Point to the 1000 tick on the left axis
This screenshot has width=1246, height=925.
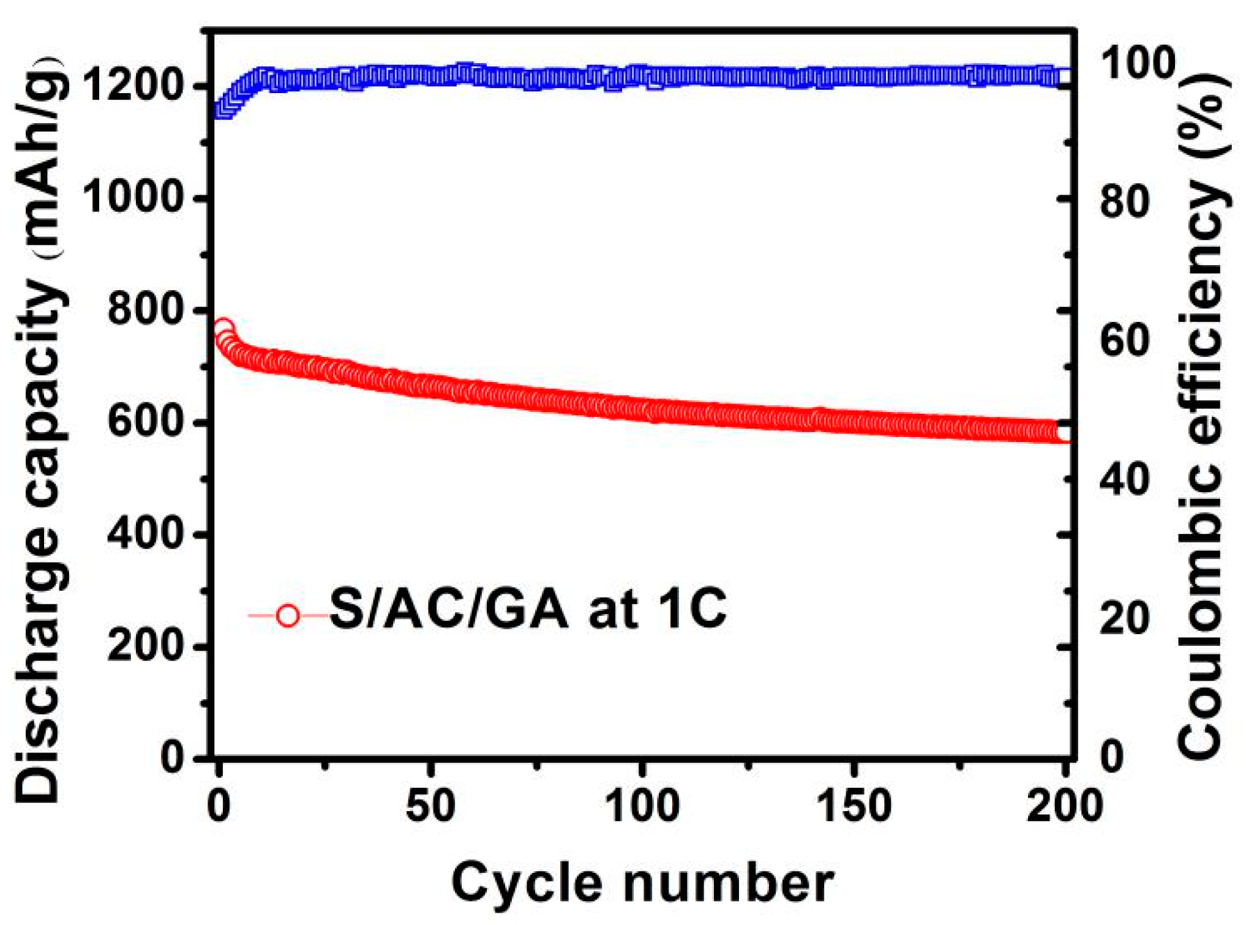(x=132, y=197)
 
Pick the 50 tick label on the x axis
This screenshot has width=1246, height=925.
(x=430, y=807)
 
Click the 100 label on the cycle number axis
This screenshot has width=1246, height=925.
(x=642, y=807)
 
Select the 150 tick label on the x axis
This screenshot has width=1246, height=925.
(x=854, y=807)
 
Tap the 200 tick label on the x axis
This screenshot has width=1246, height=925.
(x=1064, y=807)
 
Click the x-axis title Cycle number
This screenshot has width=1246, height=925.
(x=642, y=882)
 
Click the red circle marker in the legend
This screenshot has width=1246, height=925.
(x=287, y=615)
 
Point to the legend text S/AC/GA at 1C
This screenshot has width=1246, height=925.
(x=528, y=609)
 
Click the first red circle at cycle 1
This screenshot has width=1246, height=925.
(x=223, y=328)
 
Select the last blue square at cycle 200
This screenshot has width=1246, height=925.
(x=1065, y=78)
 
